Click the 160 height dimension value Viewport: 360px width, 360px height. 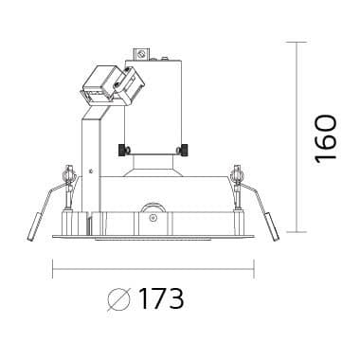(x=326, y=139)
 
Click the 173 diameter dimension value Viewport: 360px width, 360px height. (x=161, y=298)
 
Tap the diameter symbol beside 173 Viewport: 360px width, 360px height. (x=118, y=299)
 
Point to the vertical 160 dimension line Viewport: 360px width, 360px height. (x=297, y=136)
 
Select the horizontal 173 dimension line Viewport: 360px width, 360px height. (x=153, y=269)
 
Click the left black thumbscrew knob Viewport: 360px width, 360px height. (x=122, y=150)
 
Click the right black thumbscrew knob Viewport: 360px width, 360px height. (x=184, y=150)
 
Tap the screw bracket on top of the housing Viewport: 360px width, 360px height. (x=142, y=54)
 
